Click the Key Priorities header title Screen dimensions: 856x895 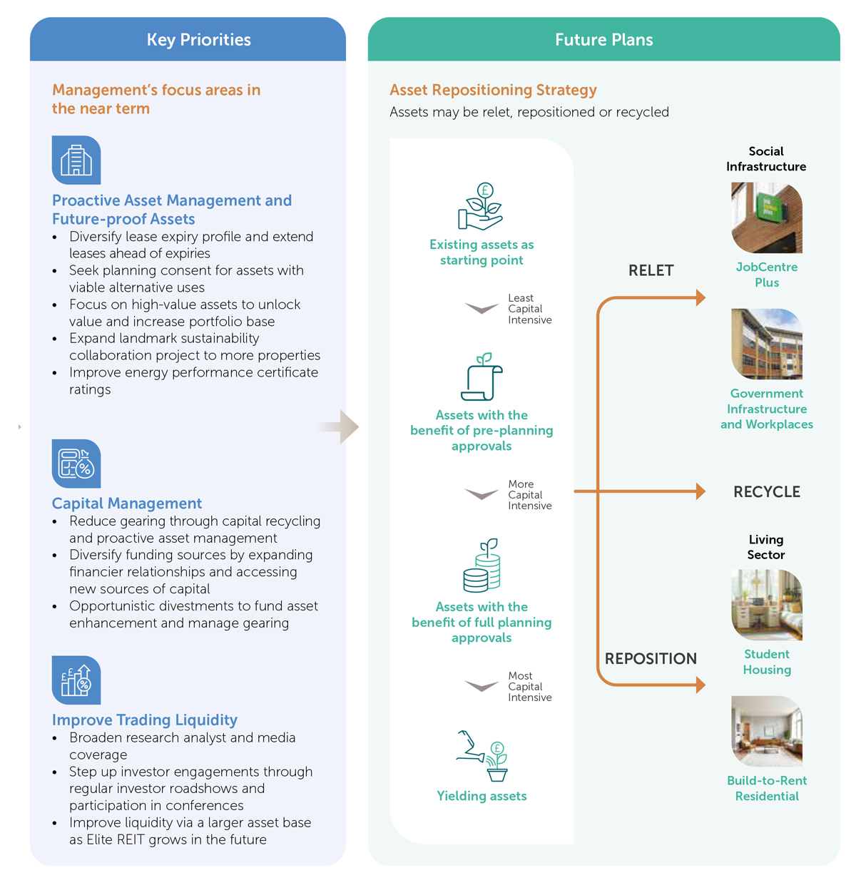coord(198,40)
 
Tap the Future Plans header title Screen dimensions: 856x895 coord(603,40)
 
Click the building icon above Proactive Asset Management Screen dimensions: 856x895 coord(76,160)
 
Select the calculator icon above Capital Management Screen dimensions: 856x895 coord(76,463)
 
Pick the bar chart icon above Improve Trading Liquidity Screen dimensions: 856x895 coord(76,680)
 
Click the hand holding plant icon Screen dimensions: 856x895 coord(481,206)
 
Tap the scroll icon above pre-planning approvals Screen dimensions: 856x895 coord(481,377)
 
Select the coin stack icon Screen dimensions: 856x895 coord(481,565)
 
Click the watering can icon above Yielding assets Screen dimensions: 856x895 coord(481,755)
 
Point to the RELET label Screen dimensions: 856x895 coord(651,270)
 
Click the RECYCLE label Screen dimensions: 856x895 coord(766,491)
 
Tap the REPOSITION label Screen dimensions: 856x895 coord(651,658)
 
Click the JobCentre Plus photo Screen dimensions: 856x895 coord(766,218)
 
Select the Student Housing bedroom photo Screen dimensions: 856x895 coord(766,604)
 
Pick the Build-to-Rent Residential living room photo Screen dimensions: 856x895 coord(766,731)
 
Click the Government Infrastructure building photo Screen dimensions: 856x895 coord(766,344)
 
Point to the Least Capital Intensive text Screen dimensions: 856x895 coord(529,309)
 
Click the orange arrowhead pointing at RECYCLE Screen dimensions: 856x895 coord(700,491)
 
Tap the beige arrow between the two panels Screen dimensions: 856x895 coord(338,426)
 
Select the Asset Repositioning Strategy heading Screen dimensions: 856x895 coord(493,90)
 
